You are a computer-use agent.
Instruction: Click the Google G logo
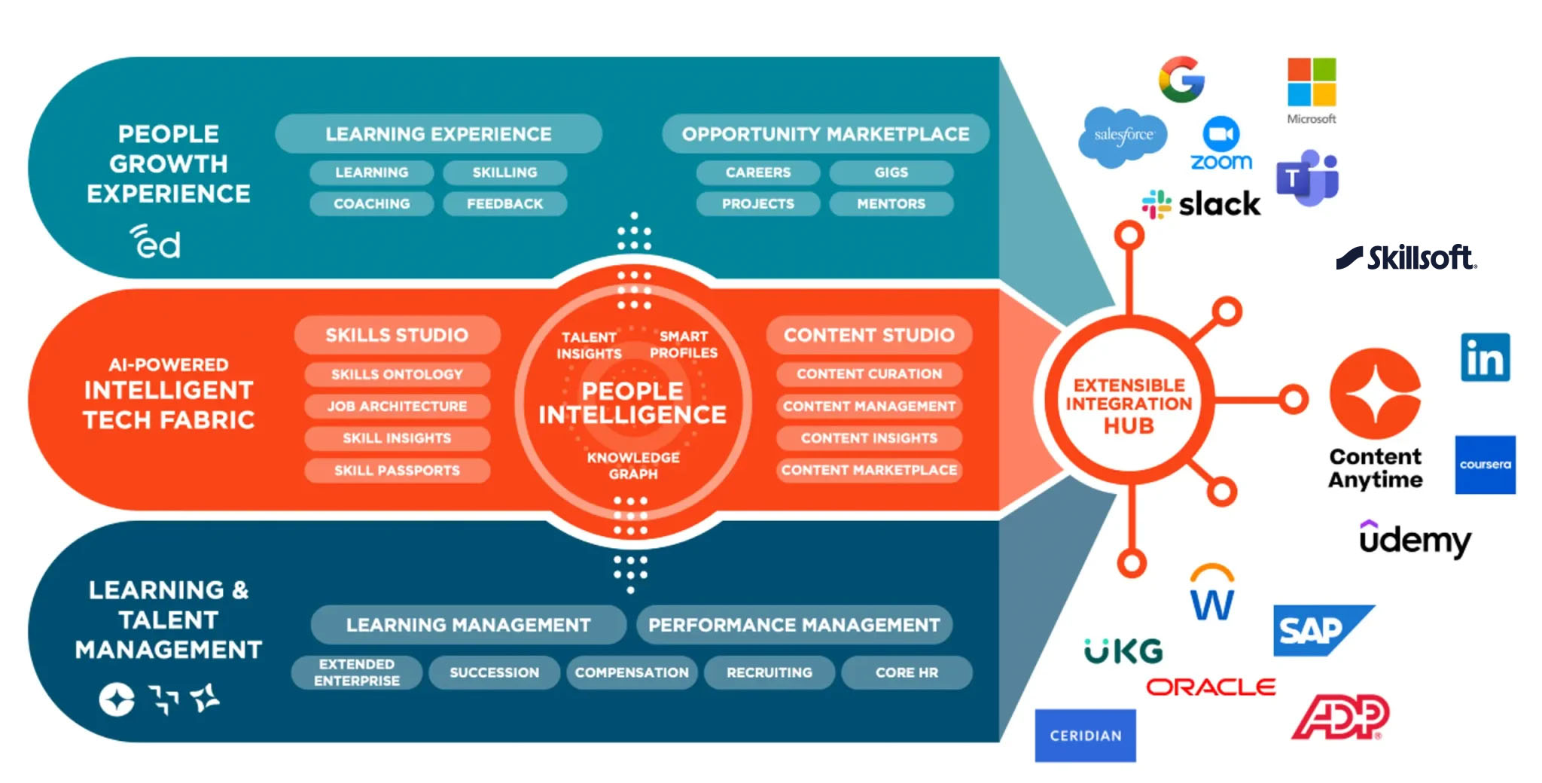[1181, 79]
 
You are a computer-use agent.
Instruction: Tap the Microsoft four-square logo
[1312, 82]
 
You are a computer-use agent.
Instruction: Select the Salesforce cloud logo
[1123, 136]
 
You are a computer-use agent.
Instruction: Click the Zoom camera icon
[1220, 134]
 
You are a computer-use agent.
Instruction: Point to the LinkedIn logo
[1485, 357]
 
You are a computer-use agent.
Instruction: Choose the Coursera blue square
[1485, 465]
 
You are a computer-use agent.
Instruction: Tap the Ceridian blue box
[1085, 735]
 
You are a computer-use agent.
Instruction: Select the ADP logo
[1339, 717]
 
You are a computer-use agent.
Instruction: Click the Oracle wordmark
[1211, 687]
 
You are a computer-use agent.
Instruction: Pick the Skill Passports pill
[397, 471]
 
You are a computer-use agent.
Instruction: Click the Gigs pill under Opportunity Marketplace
[891, 172]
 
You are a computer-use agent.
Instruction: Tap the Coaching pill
[371, 204]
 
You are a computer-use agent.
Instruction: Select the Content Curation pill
[869, 374]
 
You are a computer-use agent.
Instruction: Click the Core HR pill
[907, 672]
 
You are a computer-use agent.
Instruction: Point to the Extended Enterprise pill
[356, 672]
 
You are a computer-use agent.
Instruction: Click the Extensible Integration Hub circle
[1129, 404]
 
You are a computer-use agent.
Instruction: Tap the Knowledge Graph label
[633, 465]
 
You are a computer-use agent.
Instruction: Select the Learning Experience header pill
[438, 134]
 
